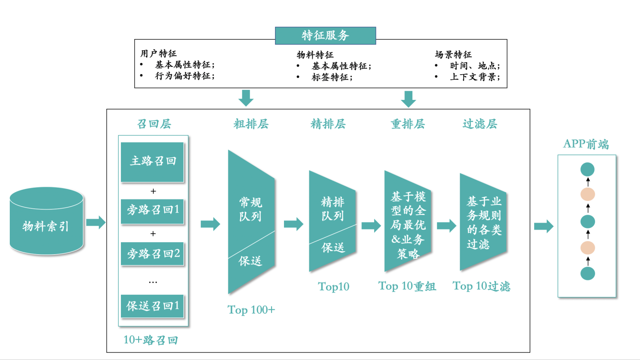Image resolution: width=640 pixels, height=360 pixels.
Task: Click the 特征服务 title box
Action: [x=325, y=36]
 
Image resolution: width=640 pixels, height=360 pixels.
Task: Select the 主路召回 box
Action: [x=152, y=162]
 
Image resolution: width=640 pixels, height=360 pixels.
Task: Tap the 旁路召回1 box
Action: [x=152, y=210]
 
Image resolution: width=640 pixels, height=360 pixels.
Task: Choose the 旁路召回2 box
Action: [x=152, y=254]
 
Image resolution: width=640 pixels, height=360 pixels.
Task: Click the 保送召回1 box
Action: [x=152, y=306]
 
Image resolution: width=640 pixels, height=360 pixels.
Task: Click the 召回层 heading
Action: [x=154, y=124]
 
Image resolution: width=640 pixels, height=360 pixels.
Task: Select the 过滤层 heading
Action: [x=480, y=124]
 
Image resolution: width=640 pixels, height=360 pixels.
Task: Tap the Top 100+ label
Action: [x=251, y=310]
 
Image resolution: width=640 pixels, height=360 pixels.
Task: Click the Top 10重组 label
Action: [x=407, y=286]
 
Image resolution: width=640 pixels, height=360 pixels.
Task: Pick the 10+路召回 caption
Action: [x=151, y=340]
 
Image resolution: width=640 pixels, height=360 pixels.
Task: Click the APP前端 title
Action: [x=586, y=144]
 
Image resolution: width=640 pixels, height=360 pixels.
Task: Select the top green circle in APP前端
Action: [x=588, y=169]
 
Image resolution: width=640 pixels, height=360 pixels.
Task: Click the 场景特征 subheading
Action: [x=453, y=55]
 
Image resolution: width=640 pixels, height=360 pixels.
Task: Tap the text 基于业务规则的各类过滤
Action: [x=484, y=223]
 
